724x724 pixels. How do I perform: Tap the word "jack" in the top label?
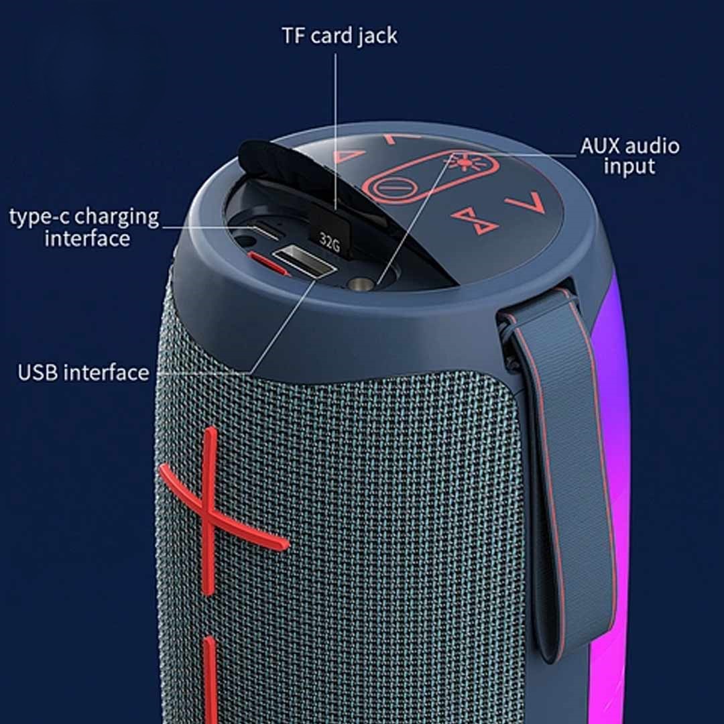click(377, 37)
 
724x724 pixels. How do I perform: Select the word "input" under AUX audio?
click(629, 167)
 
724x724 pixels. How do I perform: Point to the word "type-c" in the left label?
click(38, 217)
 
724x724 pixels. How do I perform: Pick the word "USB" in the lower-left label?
click(40, 373)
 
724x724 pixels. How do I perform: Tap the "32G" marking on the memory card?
click(330, 242)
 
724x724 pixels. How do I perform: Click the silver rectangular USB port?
click(302, 261)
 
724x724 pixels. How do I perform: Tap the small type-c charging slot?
click(265, 232)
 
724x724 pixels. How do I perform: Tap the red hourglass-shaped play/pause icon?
click(474, 221)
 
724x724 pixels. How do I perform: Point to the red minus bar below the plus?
click(210, 678)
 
